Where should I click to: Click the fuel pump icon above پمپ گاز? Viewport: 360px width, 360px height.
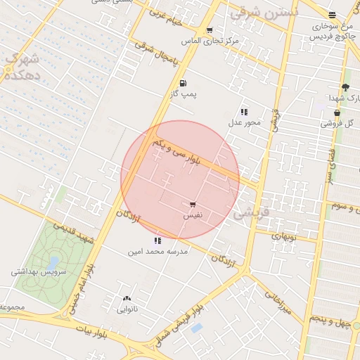click(183, 82)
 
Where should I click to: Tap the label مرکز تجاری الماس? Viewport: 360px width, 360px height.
click(211, 41)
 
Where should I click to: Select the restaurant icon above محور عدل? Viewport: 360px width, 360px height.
click(244, 112)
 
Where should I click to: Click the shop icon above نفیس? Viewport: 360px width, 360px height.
click(193, 205)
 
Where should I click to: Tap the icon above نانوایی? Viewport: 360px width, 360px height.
click(127, 299)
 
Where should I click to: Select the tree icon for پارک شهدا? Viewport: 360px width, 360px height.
click(345, 87)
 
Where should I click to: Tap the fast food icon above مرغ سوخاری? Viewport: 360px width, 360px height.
click(332, 15)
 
